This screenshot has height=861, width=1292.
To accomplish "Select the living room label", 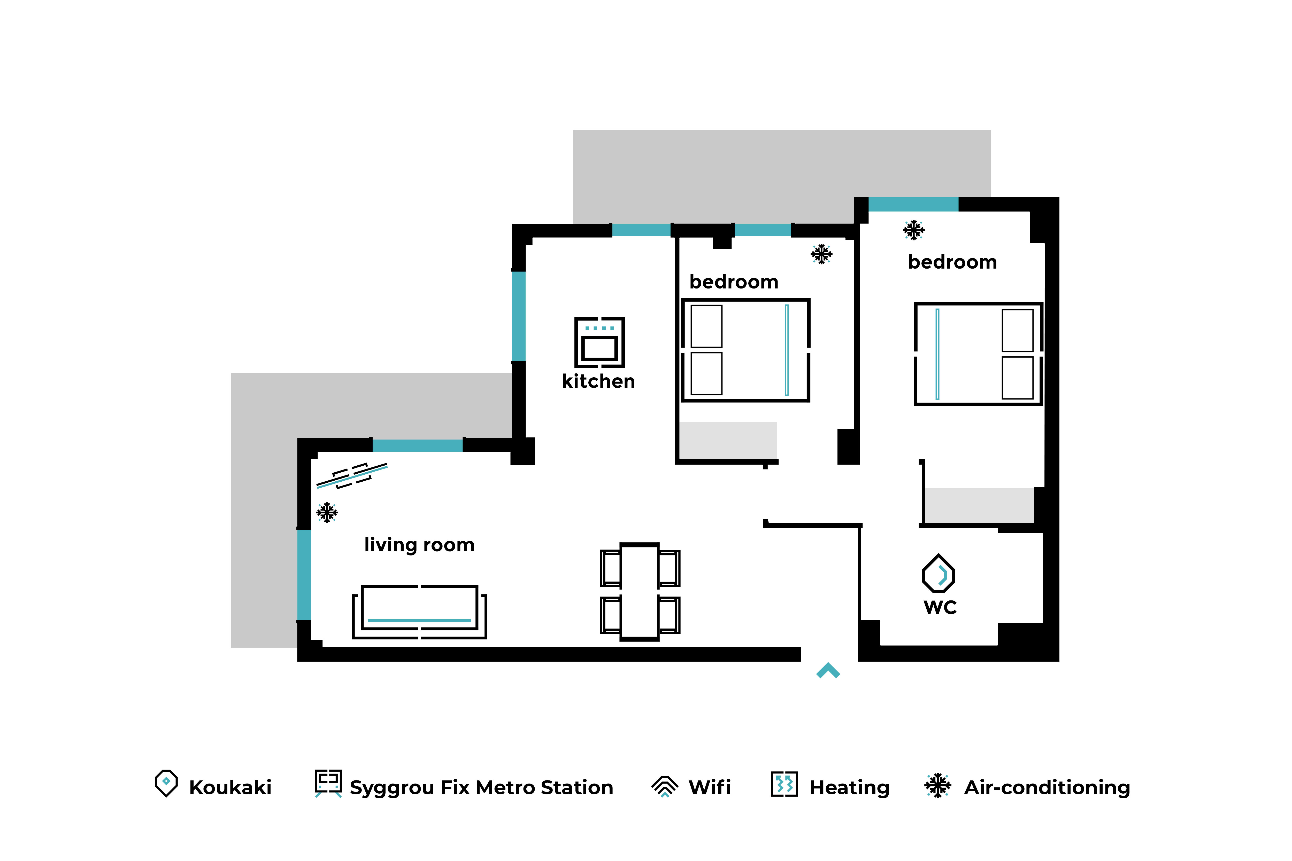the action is pyautogui.click(x=419, y=545).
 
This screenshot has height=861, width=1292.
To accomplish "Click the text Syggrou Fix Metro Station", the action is pyautogui.click(x=481, y=787).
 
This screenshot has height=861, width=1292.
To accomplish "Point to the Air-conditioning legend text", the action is pyautogui.click(x=1047, y=787).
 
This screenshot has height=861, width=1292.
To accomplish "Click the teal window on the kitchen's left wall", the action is pyautogui.click(x=519, y=316).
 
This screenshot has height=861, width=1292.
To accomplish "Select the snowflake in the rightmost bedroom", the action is pyautogui.click(x=913, y=230).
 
